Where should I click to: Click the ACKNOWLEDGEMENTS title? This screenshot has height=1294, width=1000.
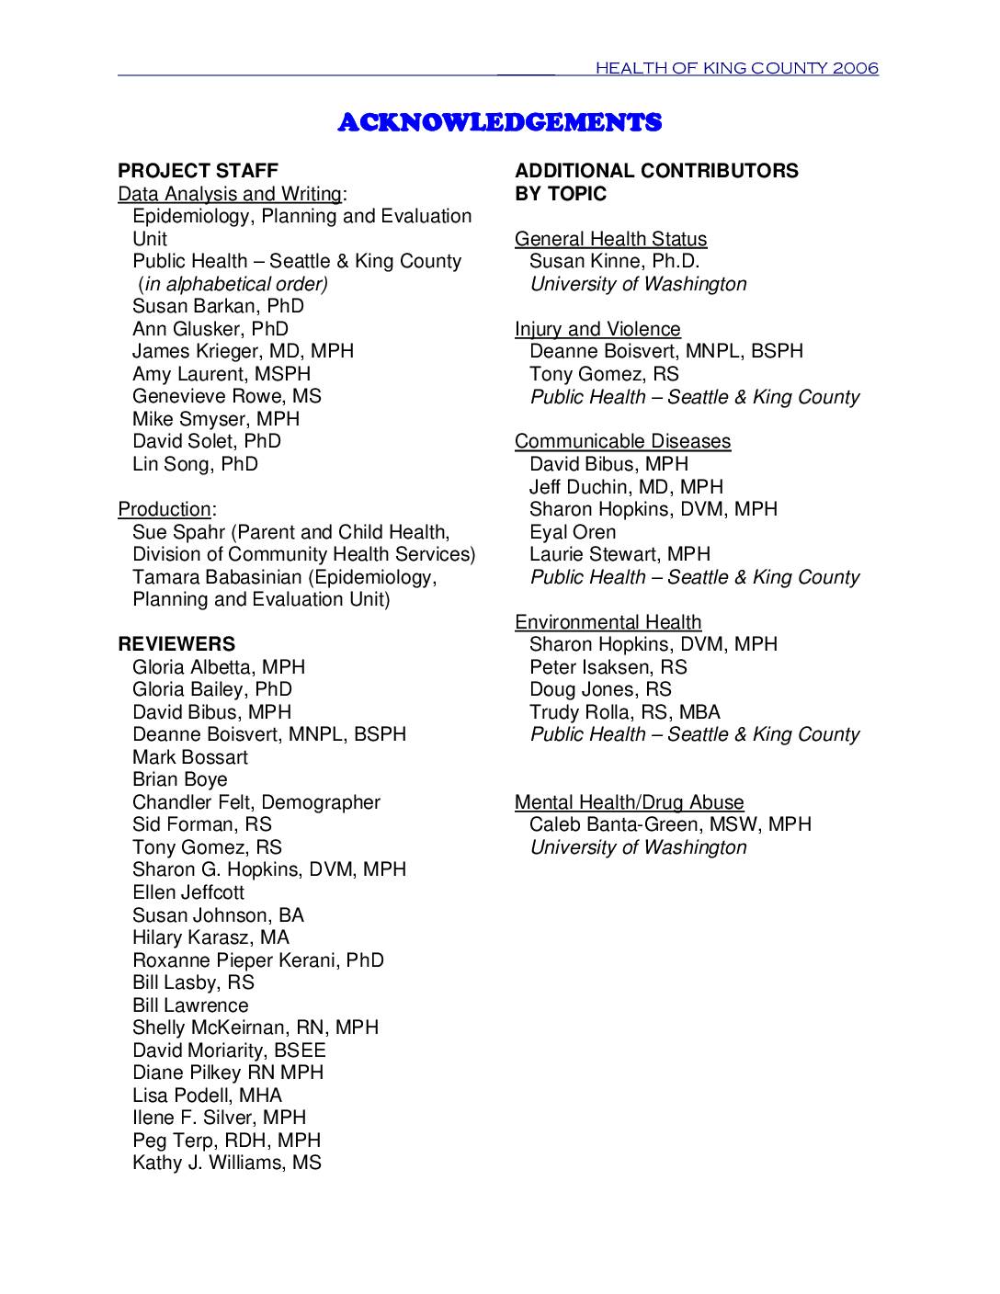point(499,122)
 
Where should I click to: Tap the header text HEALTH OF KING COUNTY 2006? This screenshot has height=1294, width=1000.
point(736,68)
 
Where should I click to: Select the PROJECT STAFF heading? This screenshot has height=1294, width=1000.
point(198,171)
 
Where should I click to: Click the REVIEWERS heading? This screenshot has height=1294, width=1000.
point(176,644)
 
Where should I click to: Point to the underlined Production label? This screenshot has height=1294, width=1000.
point(165,509)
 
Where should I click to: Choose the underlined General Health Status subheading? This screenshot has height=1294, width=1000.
point(610,239)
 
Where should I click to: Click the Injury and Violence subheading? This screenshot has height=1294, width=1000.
point(597,329)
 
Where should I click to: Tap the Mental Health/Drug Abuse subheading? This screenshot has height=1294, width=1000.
point(629,802)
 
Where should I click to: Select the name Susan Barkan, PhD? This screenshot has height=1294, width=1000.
point(218,306)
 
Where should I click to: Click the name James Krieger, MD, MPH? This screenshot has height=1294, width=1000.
point(243,351)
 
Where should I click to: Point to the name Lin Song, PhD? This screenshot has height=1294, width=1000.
point(195,464)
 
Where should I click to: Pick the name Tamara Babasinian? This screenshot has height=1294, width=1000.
point(218,577)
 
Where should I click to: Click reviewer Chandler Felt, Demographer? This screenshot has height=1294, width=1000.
point(256,802)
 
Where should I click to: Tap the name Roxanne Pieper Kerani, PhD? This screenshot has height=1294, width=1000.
point(257,960)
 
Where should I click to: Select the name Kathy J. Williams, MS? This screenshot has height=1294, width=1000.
point(226,1163)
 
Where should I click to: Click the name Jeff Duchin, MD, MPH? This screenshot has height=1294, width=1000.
point(626,487)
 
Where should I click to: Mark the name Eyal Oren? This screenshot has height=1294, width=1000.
point(573,532)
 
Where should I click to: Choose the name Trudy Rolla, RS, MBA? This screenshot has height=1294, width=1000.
point(624,712)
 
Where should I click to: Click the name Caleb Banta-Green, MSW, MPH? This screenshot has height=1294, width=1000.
point(670,824)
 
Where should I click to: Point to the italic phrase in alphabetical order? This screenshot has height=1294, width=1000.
point(233,284)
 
